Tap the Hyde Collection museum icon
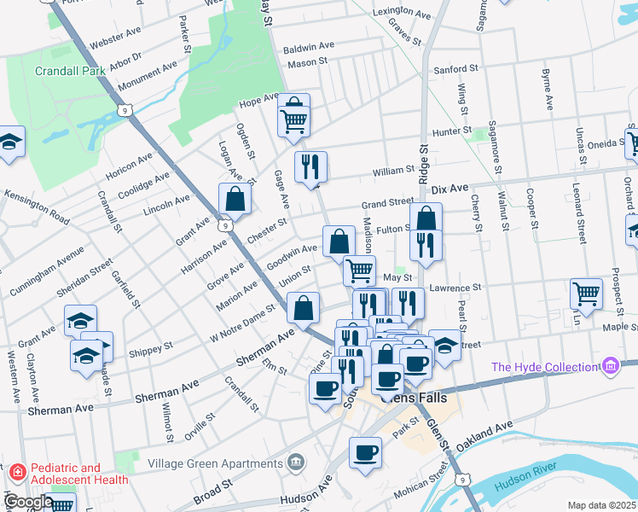coord(610,367)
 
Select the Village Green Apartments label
coord(214,463)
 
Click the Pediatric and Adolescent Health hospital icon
coord(16,472)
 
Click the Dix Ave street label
coord(450,187)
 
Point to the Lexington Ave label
coord(398,13)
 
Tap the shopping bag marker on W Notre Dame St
coord(304,308)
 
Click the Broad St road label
coord(213,493)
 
